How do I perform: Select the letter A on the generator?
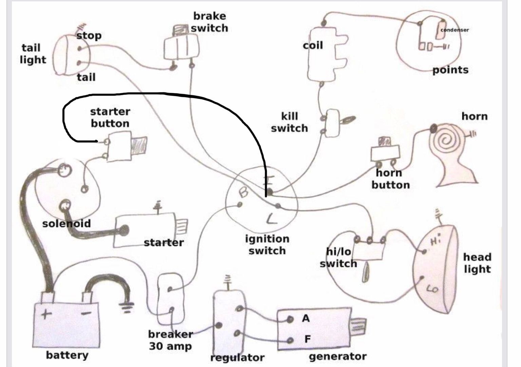pyautogui.click(x=306, y=319)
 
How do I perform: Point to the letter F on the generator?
pyautogui.click(x=307, y=339)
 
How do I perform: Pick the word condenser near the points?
pyautogui.click(x=455, y=30)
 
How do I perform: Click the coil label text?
pyautogui.click(x=313, y=45)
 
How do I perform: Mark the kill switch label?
pyautogui.click(x=289, y=122)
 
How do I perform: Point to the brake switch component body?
pyautogui.click(x=181, y=47)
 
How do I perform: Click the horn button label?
pyautogui.click(x=390, y=179)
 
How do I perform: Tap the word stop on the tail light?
pyautogui.click(x=89, y=36)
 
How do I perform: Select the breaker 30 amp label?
pyautogui.click(x=170, y=340)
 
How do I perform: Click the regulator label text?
pyautogui.click(x=237, y=358)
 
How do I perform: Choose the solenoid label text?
pyautogui.click(x=66, y=224)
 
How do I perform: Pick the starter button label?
pyautogui.click(x=110, y=117)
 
